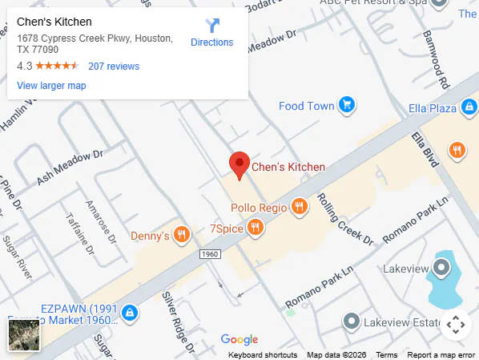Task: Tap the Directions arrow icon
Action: [x=212, y=26]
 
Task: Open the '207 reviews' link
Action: [x=114, y=67]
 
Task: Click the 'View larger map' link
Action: [x=51, y=86]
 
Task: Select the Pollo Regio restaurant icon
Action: [x=300, y=207]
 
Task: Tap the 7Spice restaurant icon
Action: [x=256, y=228]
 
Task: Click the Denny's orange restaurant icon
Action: [x=182, y=236]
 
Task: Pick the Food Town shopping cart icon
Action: [x=346, y=105]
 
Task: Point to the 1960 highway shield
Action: [x=210, y=254]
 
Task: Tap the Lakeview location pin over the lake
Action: [x=441, y=268]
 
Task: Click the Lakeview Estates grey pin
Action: [x=351, y=322]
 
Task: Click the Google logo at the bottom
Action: [x=239, y=340]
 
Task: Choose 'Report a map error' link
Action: [x=441, y=355]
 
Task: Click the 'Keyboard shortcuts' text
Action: [x=263, y=355]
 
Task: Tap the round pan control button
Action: [x=455, y=325]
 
